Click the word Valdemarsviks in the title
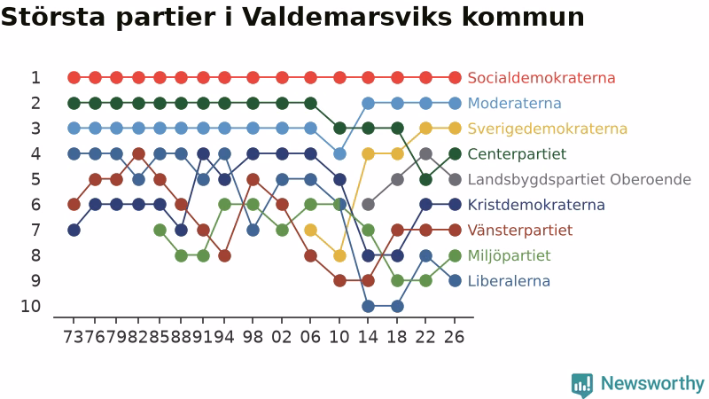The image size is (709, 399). (x=347, y=17)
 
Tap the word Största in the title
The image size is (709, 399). (x=53, y=17)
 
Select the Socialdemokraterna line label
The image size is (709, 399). (x=541, y=78)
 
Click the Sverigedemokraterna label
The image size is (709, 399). (x=547, y=129)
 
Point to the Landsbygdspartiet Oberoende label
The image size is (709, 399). (x=580, y=180)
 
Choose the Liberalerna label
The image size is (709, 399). (x=509, y=281)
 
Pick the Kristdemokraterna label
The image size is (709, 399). (x=536, y=205)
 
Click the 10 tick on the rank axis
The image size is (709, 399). (x=31, y=306)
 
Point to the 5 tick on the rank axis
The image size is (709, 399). (x=35, y=180)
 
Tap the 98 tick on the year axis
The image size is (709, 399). (x=253, y=337)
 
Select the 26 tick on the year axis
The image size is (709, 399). (x=455, y=337)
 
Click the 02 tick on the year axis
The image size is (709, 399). (x=282, y=337)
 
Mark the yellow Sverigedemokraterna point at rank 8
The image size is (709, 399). (x=339, y=255)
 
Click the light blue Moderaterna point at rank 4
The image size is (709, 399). (x=339, y=153)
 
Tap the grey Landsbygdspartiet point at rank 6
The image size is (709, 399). (x=368, y=205)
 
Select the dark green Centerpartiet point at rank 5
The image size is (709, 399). (x=425, y=180)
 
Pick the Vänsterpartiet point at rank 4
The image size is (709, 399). (x=139, y=153)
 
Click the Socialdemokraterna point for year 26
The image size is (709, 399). (x=455, y=78)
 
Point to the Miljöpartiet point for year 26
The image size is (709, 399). (x=455, y=255)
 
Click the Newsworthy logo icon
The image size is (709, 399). (x=582, y=385)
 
